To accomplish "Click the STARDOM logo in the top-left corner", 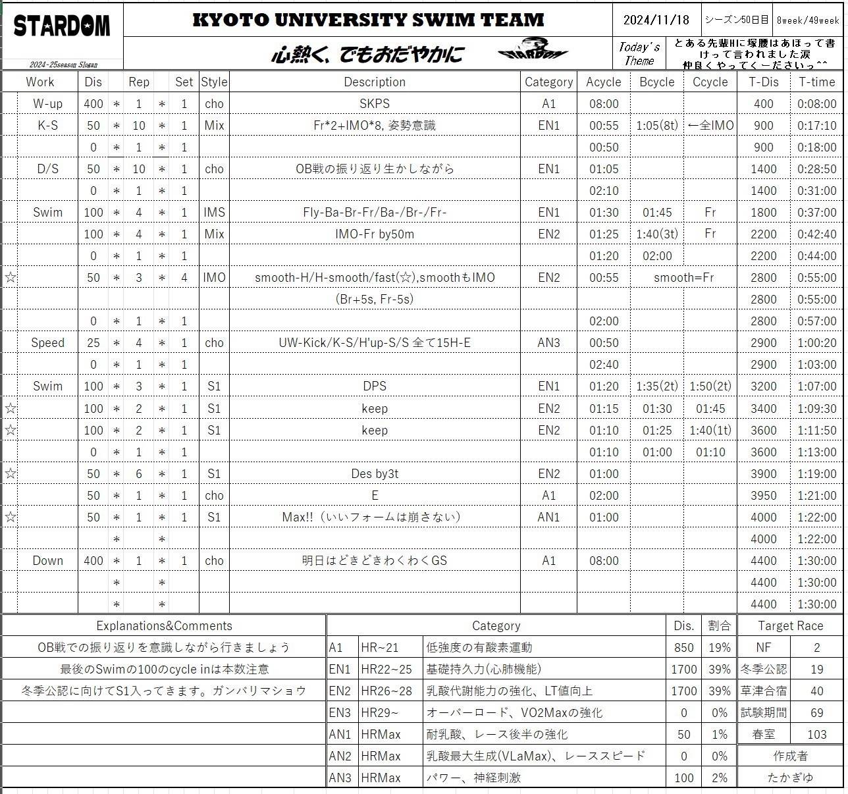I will (x=62, y=26).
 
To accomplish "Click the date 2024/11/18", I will (x=656, y=20).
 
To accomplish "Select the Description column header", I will (x=375, y=82).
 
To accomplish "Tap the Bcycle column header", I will (x=656, y=82).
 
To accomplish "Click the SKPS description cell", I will (x=375, y=104).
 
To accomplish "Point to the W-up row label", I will (x=47, y=104).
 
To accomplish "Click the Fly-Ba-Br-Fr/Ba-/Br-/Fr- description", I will (x=375, y=213).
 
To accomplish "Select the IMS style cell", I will (x=214, y=213).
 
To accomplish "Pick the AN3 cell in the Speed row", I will (x=548, y=343).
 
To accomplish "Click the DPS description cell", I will (x=375, y=386).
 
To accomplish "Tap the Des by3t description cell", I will (x=375, y=474).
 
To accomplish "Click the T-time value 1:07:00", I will (x=816, y=386).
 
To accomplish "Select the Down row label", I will (x=47, y=561).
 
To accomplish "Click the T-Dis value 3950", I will (x=763, y=496).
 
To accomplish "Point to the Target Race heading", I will (x=790, y=626).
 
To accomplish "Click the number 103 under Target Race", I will (x=816, y=735).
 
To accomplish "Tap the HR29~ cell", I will (x=380, y=713).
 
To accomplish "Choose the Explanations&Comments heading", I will (x=164, y=626).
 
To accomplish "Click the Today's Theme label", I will (x=639, y=54).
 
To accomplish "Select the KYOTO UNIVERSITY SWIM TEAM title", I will (x=368, y=20).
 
